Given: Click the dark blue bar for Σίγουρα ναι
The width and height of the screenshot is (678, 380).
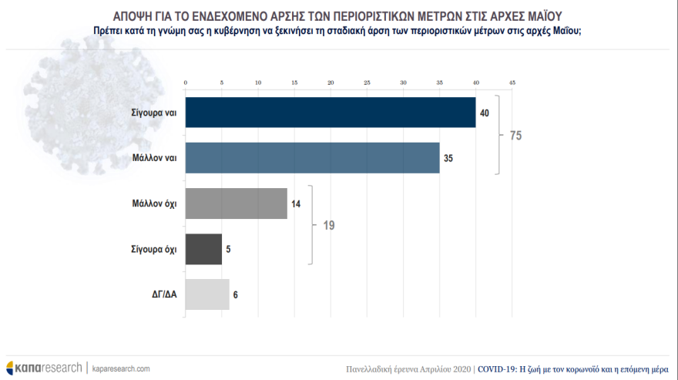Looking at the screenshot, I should [x=331, y=113].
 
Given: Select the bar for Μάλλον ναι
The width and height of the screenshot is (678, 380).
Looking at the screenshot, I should [x=312, y=158].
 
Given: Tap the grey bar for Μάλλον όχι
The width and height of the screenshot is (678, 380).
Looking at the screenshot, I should [x=237, y=203].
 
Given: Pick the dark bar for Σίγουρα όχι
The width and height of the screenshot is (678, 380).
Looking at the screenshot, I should [x=203, y=249].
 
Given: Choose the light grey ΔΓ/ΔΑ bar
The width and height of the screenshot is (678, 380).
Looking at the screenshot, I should [x=207, y=294].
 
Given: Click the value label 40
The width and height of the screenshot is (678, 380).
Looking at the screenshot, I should [x=485, y=113].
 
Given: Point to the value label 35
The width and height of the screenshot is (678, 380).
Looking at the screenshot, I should [x=448, y=159].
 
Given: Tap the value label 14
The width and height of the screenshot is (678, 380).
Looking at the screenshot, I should [x=296, y=204].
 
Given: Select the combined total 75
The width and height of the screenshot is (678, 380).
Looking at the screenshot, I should [x=516, y=136].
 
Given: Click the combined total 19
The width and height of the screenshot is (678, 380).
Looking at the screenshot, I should [x=328, y=227].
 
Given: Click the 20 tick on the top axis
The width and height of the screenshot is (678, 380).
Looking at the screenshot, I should [x=331, y=82].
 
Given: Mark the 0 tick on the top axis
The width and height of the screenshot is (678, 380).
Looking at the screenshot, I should [x=186, y=82].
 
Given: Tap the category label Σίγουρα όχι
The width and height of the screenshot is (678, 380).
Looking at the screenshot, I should [x=154, y=250].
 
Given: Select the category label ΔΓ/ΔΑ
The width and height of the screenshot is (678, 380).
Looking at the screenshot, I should [x=163, y=294].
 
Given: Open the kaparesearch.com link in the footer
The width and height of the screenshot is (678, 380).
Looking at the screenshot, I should [x=121, y=368].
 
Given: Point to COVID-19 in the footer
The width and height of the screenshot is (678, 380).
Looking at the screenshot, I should [x=497, y=369].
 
